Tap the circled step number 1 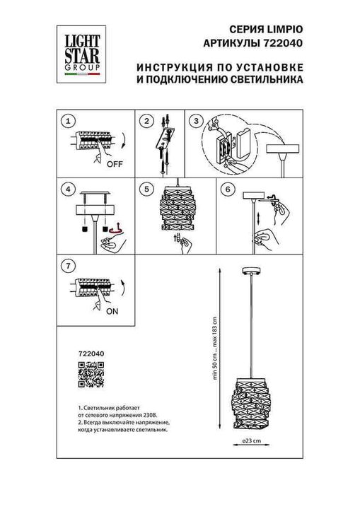click(68, 121)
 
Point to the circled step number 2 click(146, 121)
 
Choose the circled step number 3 click(196, 121)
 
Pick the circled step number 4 click(68, 189)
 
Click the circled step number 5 click(146, 189)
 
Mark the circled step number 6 click(228, 189)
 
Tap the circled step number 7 click(68, 266)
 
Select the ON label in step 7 click(111, 309)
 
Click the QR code click(90, 374)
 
